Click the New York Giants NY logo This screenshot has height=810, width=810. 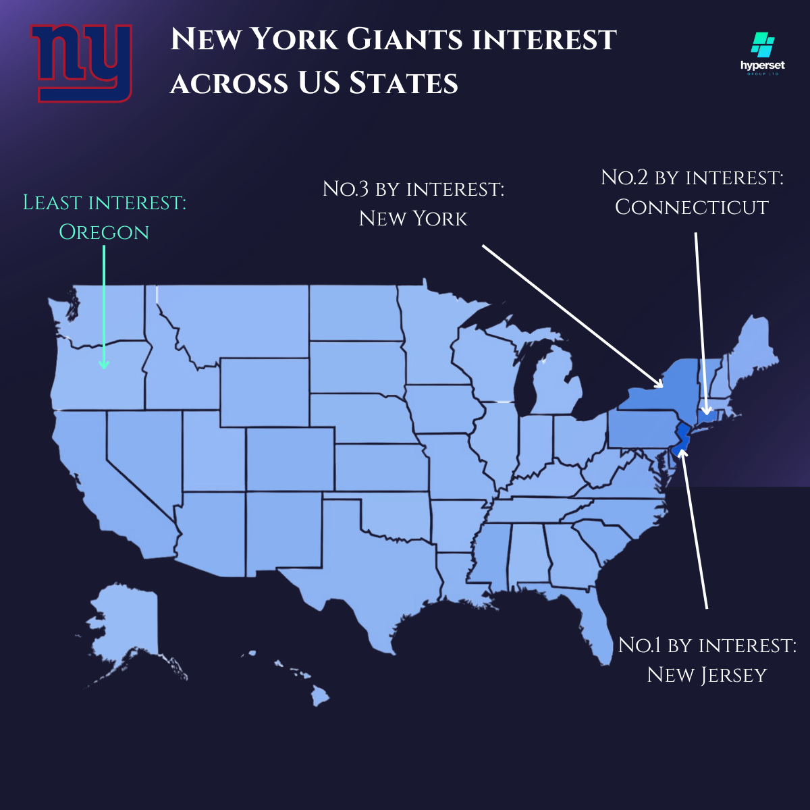[81, 62]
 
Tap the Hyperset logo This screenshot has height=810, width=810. [763, 54]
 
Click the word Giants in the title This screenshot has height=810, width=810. [404, 39]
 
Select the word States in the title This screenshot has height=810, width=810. [403, 83]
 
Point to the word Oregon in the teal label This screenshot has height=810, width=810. [104, 232]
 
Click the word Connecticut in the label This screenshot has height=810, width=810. [692, 207]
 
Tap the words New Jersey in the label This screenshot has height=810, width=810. [707, 675]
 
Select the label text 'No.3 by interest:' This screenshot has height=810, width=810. [413, 189]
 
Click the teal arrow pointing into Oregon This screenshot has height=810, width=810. [104, 307]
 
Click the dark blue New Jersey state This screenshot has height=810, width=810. [682, 439]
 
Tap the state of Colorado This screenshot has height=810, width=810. [290, 459]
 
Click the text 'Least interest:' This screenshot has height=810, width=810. [105, 202]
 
